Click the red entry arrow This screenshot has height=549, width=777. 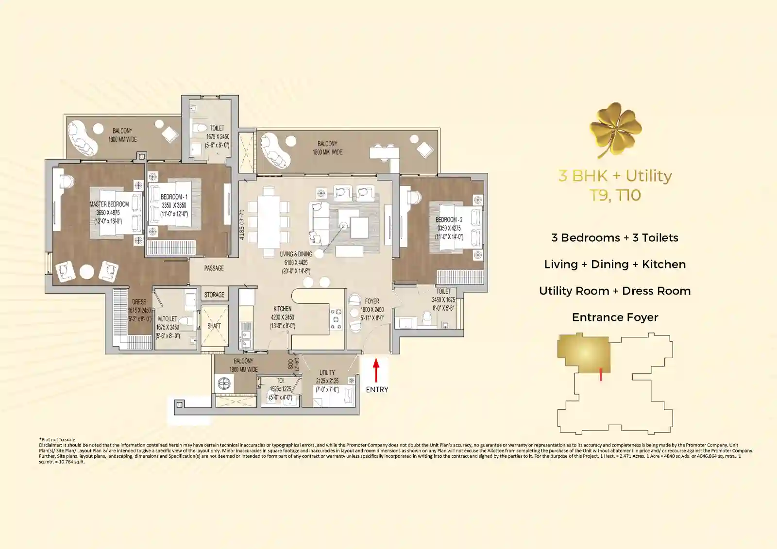(376, 370)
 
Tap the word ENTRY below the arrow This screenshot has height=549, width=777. (377, 389)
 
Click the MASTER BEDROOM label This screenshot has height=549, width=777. (109, 204)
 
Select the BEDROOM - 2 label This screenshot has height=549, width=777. (449, 220)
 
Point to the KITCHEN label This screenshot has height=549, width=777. (282, 309)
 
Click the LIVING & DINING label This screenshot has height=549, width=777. (296, 254)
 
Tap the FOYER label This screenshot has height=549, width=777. (372, 301)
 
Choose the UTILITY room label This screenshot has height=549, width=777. (327, 372)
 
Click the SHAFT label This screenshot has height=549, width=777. (214, 326)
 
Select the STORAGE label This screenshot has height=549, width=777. (214, 295)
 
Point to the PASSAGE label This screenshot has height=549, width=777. (214, 268)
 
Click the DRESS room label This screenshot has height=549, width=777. (139, 302)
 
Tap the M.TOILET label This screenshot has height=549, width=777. (168, 319)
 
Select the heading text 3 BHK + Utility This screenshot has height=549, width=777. (615, 176)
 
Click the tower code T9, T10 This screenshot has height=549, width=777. (615, 196)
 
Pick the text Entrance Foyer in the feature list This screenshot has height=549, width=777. (615, 317)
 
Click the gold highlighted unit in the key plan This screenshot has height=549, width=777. (584, 353)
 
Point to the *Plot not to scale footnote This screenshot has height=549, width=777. (57, 440)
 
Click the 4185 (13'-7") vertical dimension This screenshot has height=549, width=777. (242, 224)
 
